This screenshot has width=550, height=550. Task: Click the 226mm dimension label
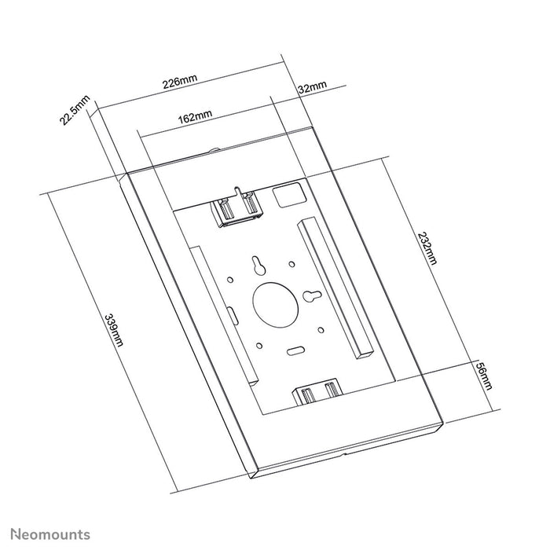(180, 82)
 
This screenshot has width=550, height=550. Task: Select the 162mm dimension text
(194, 116)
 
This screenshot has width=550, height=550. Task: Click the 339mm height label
(115, 331)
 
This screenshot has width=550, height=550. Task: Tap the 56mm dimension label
(485, 375)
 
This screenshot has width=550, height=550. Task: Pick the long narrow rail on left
(224, 314)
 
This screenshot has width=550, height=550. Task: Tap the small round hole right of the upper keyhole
(291, 264)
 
